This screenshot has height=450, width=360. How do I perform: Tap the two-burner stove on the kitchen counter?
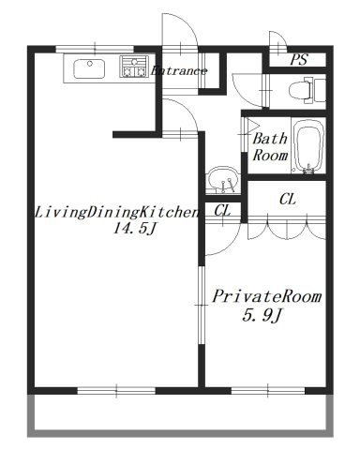coord(132,67)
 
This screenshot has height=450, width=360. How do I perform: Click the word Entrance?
coord(179,70)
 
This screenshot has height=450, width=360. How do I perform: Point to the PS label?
coord(298,59)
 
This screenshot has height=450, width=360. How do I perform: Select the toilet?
coord(303,90)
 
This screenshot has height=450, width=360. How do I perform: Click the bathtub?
coord(307,146)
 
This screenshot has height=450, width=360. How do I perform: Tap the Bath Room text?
coord(269,146)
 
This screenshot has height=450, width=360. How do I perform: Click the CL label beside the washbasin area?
coord(222,212)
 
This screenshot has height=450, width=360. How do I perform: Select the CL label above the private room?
coord(288,199)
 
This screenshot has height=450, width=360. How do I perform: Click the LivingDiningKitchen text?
coord(116,212)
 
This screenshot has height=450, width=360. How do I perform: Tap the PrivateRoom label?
coord(266,296)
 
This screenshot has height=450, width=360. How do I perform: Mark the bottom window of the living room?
coord(115,388)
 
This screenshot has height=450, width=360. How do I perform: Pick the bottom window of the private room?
coord(258,388)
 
